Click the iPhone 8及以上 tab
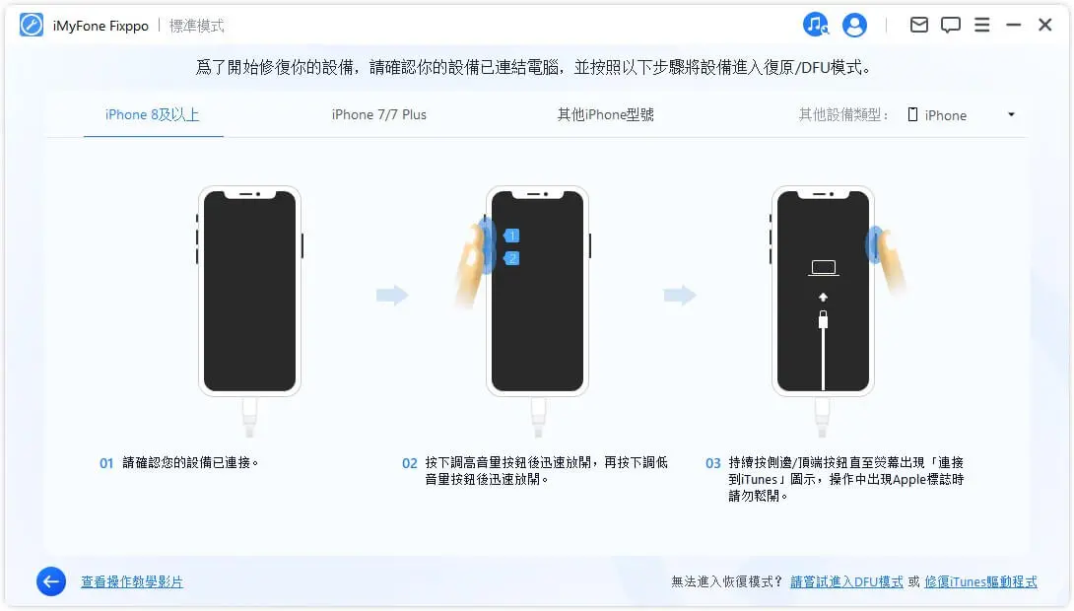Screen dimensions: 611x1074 click(x=153, y=114)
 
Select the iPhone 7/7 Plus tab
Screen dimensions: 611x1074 click(x=379, y=114)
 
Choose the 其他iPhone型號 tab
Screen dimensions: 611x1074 click(x=605, y=114)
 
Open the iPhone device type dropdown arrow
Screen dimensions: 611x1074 click(x=1011, y=115)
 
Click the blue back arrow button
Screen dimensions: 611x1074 click(x=51, y=581)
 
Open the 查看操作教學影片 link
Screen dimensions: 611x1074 click(x=132, y=581)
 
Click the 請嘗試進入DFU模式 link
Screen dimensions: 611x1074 click(x=846, y=581)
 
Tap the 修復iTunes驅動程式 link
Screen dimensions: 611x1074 click(x=980, y=581)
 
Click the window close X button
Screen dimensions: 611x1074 click(x=1045, y=25)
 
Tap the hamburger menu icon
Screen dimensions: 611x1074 click(x=982, y=25)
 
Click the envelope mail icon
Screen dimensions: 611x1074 click(x=919, y=25)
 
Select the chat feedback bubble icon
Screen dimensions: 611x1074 click(x=951, y=25)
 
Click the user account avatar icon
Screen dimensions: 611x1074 click(x=855, y=25)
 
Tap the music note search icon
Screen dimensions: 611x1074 click(x=816, y=25)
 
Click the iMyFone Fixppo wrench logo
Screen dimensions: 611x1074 click(x=32, y=26)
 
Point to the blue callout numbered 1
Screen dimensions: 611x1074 click(x=511, y=236)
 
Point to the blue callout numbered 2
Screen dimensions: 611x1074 click(x=511, y=258)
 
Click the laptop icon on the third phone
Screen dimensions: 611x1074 click(x=823, y=267)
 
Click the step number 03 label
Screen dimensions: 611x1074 click(x=713, y=463)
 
